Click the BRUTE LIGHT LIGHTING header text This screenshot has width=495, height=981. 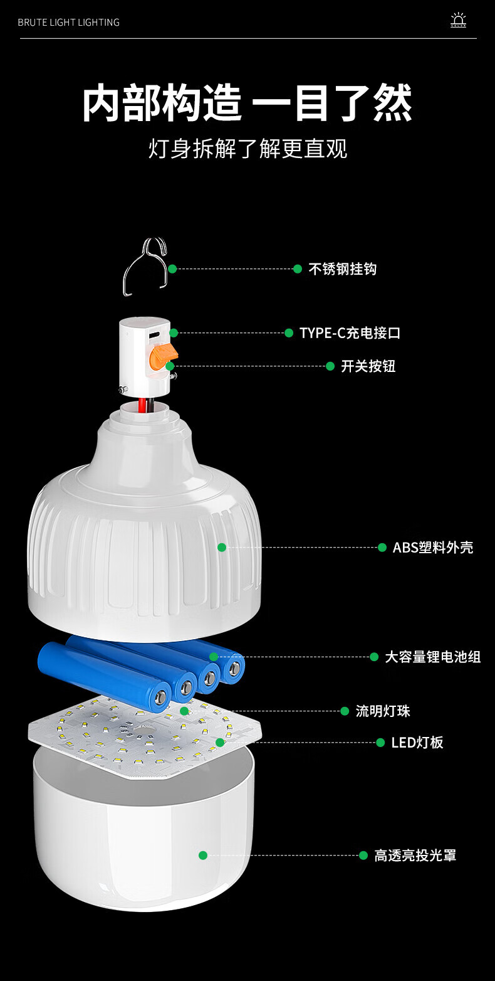pyautogui.click(x=68, y=23)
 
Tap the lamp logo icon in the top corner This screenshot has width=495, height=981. pyautogui.click(x=458, y=21)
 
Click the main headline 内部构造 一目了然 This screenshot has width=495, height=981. pyautogui.click(x=247, y=103)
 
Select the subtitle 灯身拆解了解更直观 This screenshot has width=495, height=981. pyautogui.click(x=247, y=149)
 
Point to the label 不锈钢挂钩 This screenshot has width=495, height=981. pyautogui.click(x=342, y=269)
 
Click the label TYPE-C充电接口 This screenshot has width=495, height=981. pyautogui.click(x=350, y=333)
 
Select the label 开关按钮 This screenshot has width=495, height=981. pyautogui.click(x=368, y=366)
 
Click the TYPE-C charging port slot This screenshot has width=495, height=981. pyautogui.click(x=154, y=333)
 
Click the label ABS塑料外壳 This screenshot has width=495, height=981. pyautogui.click(x=432, y=548)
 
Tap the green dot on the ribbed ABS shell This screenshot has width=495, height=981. pyautogui.click(x=222, y=548)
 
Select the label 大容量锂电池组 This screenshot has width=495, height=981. pyautogui.click(x=432, y=657)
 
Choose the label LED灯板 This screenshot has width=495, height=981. pyautogui.click(x=417, y=743)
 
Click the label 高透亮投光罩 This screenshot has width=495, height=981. pyautogui.click(x=415, y=856)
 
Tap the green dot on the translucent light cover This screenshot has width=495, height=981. pyautogui.click(x=203, y=855)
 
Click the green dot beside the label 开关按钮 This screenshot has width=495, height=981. pyautogui.click(x=330, y=366)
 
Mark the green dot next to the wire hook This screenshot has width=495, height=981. pyautogui.click(x=172, y=268)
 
